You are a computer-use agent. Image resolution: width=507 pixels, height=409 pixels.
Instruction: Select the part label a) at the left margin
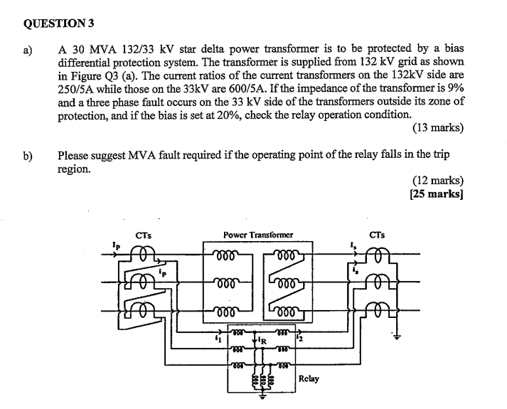[x=29, y=49]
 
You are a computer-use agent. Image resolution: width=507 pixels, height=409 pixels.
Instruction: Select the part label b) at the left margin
[x=29, y=154]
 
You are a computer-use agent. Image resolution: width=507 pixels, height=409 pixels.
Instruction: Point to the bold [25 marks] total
[x=437, y=193]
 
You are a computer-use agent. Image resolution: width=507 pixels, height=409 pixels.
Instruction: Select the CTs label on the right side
[x=378, y=234]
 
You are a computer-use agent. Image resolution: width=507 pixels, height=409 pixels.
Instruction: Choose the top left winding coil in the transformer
[x=227, y=255]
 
